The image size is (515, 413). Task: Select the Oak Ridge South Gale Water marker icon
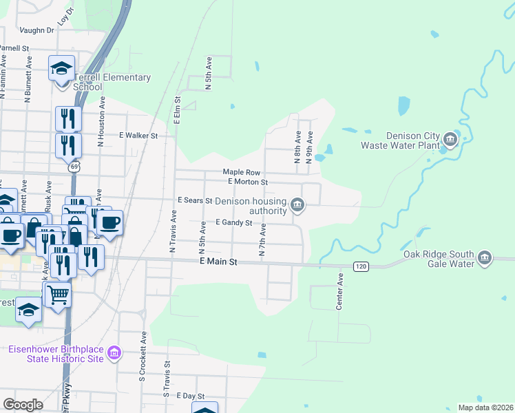485,258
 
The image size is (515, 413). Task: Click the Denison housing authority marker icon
297,204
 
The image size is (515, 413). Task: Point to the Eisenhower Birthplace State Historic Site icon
114,354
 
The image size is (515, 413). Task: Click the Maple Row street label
241,172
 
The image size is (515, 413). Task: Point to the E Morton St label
248,182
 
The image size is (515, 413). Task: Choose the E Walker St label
138,136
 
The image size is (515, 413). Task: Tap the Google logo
23,404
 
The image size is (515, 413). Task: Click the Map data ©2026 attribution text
485,407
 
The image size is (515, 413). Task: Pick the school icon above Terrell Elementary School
62,68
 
